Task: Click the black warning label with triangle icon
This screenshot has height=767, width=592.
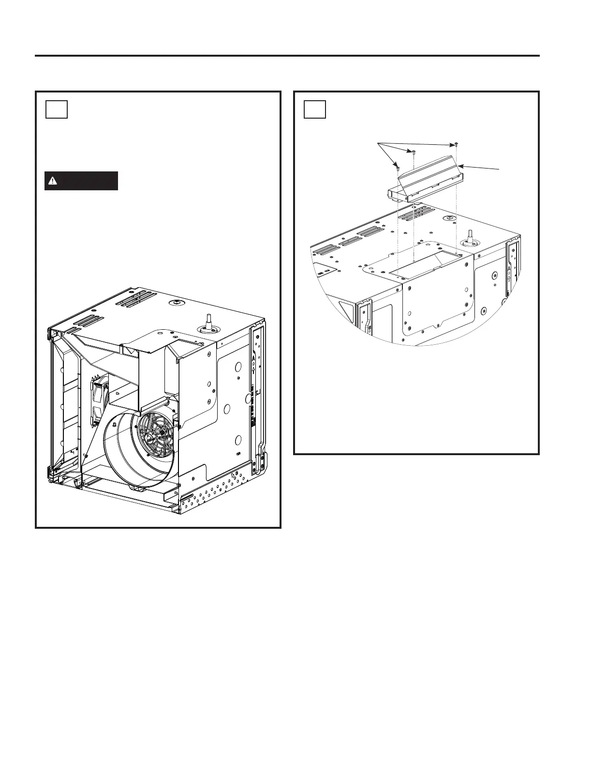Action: [x=81, y=181]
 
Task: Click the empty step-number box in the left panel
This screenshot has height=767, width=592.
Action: [x=57, y=109]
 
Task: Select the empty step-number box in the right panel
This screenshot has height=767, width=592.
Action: [x=315, y=109]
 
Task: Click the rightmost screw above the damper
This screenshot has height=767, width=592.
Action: [x=457, y=144]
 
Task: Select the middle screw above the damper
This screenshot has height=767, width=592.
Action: [x=414, y=152]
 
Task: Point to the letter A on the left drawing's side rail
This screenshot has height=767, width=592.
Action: [x=252, y=359]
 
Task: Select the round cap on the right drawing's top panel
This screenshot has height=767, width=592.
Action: [x=450, y=219]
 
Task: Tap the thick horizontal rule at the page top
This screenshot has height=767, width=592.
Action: [x=287, y=56]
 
